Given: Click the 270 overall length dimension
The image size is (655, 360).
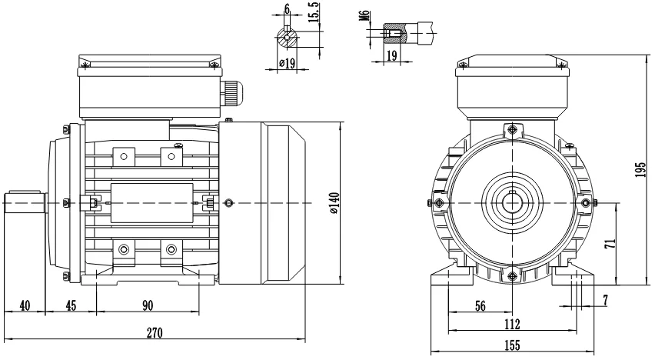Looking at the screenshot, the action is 155,333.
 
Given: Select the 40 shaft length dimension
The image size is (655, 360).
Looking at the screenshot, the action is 25,305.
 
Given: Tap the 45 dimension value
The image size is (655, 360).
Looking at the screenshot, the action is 71,305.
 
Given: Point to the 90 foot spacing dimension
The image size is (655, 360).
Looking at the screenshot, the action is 148,305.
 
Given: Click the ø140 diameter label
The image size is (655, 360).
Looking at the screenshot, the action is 334,203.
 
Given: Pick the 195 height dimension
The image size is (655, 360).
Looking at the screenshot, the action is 640,170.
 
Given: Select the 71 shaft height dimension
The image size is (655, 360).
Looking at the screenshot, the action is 610,244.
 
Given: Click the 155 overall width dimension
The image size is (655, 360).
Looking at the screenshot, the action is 512,345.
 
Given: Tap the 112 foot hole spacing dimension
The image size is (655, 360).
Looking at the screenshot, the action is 512,324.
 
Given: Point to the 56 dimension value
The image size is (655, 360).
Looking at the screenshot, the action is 480,306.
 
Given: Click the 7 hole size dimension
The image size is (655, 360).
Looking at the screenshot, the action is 605,300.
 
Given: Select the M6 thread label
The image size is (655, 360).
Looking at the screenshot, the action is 364,16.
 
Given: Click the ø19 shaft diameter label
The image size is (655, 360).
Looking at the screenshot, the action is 287,63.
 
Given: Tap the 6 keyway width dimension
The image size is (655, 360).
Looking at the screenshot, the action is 287,8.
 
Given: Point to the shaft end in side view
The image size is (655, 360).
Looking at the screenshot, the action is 25,203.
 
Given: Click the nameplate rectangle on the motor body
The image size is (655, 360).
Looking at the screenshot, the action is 152,203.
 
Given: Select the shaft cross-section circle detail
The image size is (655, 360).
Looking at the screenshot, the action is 287,39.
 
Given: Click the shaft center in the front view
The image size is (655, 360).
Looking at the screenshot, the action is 512,203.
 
